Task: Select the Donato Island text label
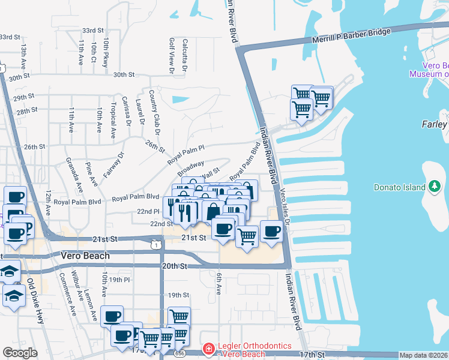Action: (x=399, y=187)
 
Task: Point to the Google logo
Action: (x=20, y=353)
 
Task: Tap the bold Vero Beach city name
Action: (x=85, y=256)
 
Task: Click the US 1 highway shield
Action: (x=156, y=244)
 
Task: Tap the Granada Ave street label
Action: (x=79, y=178)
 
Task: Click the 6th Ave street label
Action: (x=219, y=284)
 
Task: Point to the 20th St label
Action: (x=175, y=266)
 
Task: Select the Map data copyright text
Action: (x=423, y=355)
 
